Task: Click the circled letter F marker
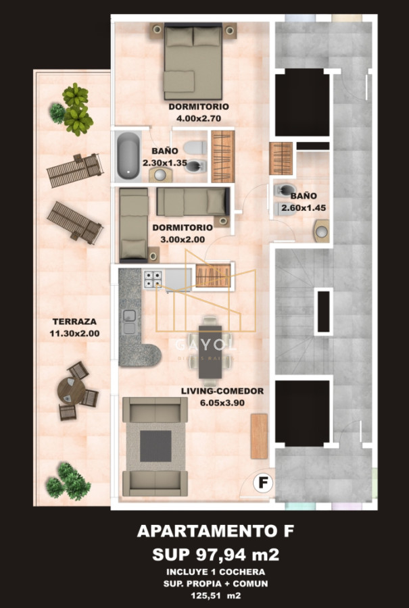click(x=262, y=483)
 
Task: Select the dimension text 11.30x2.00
click(x=74, y=334)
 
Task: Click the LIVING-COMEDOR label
click(x=222, y=391)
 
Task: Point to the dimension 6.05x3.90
click(x=222, y=403)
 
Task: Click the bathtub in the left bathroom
click(x=126, y=155)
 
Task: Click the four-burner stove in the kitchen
click(x=152, y=279)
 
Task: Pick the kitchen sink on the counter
click(x=128, y=322)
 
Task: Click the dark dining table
click(x=208, y=351)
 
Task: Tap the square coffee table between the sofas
click(x=155, y=444)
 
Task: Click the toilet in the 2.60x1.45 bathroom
click(x=284, y=192)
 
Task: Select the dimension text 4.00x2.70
click(x=199, y=118)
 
